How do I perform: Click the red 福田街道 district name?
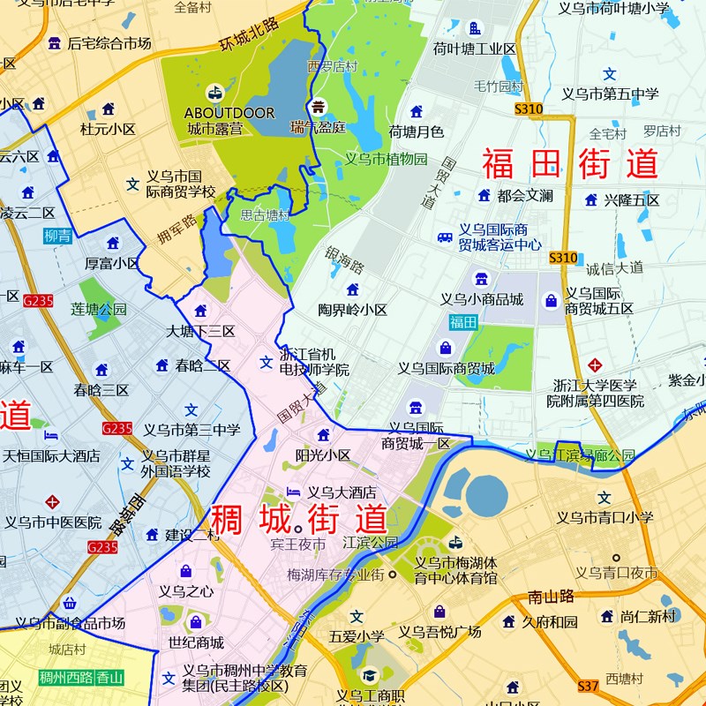tap(570, 164)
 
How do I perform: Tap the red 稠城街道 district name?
tap(298, 519)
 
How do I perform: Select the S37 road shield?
tap(589, 685)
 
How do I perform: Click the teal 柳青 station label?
tap(58, 236)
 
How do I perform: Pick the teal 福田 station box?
tap(463, 322)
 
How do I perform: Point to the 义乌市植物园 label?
tap(386, 160)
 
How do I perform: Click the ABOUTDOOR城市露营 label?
tap(229, 121)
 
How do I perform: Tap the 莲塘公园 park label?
tap(99, 310)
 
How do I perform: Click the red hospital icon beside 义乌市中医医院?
tap(52, 502)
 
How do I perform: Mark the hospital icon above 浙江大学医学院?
tap(596, 364)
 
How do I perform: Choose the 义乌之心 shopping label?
tap(186, 591)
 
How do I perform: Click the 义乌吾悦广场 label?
tap(439, 631)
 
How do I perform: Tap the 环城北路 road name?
tap(249, 34)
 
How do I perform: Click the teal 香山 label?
tap(110, 678)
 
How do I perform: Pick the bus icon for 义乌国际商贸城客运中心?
tap(445, 237)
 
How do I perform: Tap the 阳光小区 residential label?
tap(323, 455)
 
